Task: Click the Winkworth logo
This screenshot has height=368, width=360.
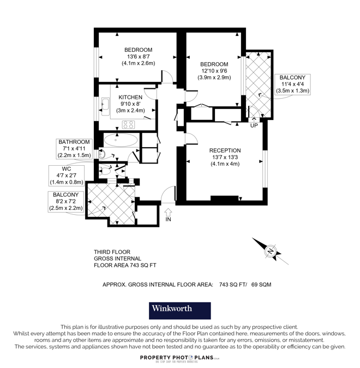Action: pyautogui.click(x=180, y=311)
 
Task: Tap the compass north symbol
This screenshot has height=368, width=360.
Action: pyautogui.click(x=270, y=251)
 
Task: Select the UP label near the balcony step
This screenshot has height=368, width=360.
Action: pyautogui.click(x=253, y=126)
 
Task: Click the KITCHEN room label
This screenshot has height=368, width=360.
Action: pyautogui.click(x=130, y=97)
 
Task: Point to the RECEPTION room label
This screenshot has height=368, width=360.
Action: pyautogui.click(x=225, y=150)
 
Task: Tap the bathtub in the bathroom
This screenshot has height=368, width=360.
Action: pyautogui.click(x=121, y=140)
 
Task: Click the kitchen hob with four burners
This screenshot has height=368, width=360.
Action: pyautogui.click(x=129, y=124)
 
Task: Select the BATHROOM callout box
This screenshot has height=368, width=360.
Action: pyautogui.click(x=74, y=148)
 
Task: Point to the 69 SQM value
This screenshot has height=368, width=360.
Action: pyautogui.click(x=260, y=284)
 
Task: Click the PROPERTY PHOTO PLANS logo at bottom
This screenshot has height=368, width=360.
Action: pyautogui.click(x=180, y=358)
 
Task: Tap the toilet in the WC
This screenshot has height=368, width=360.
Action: pyautogui.click(x=107, y=171)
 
